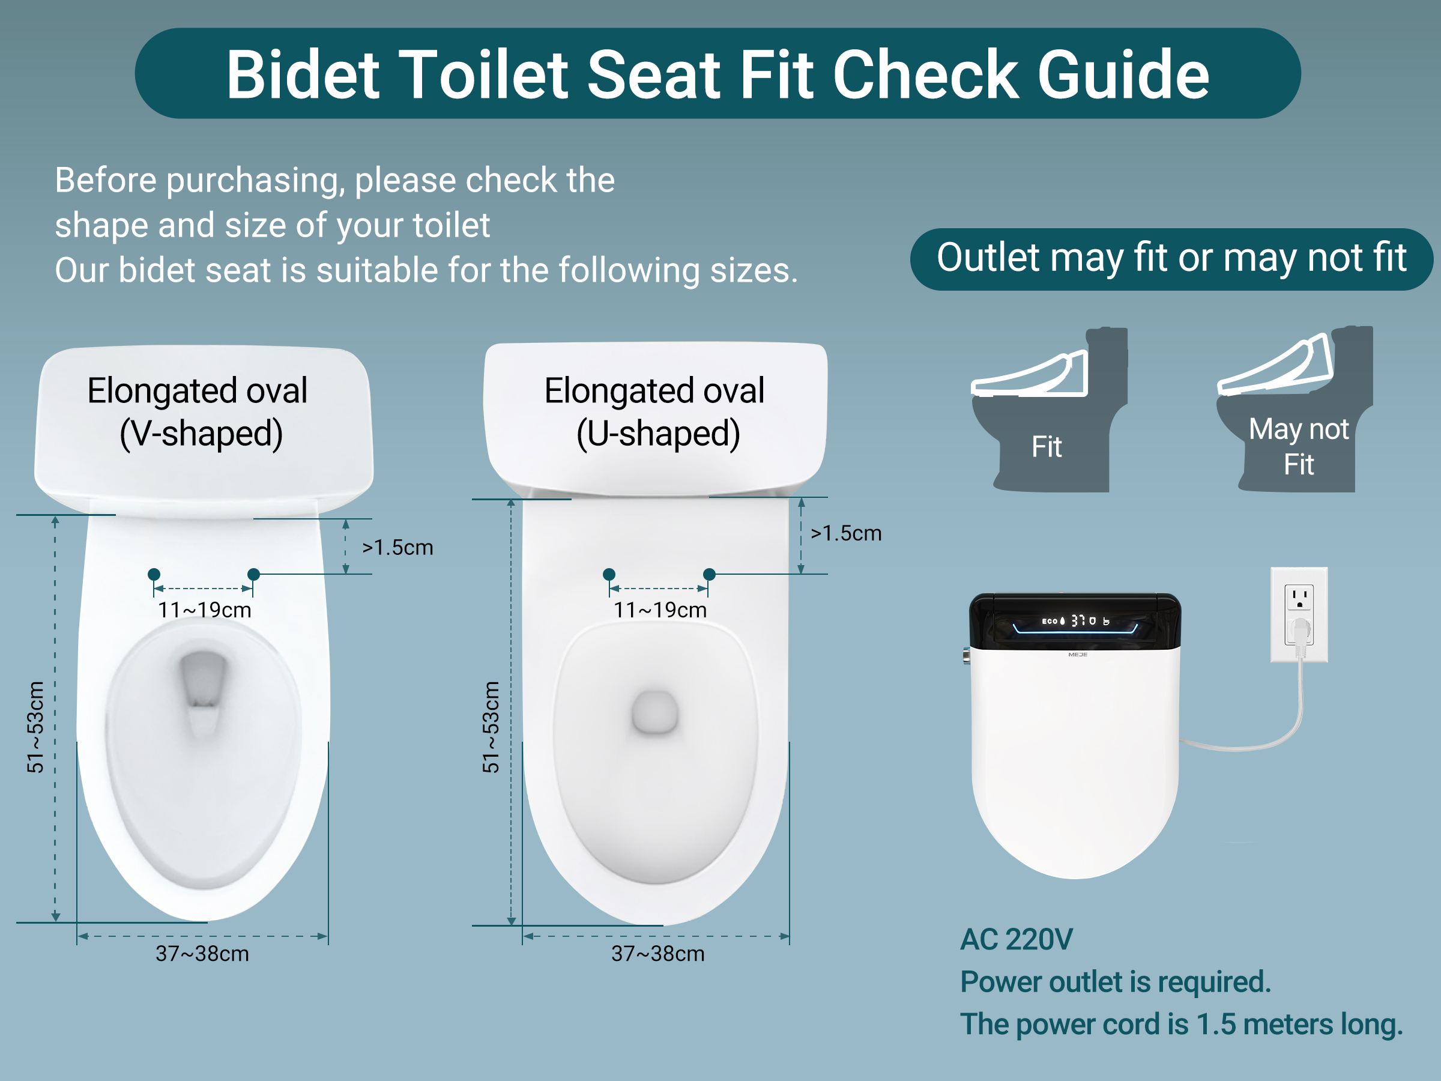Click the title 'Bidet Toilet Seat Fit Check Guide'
[x=717, y=74]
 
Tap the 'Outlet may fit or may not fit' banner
[x=1171, y=259]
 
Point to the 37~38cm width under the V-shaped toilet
[x=202, y=953]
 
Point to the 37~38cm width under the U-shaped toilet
[x=658, y=953]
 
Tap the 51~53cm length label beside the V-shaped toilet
[x=35, y=727]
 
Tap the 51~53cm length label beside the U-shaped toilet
[x=491, y=727]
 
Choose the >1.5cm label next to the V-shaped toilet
[x=397, y=547]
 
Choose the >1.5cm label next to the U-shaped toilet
[x=845, y=533]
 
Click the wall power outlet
[x=1299, y=614]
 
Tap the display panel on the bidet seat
[x=1075, y=622]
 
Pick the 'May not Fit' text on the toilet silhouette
[x=1298, y=446]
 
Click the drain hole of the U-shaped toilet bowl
[x=654, y=712]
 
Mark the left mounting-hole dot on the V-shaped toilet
[x=154, y=574]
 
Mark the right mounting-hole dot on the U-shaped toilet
[x=710, y=574]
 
